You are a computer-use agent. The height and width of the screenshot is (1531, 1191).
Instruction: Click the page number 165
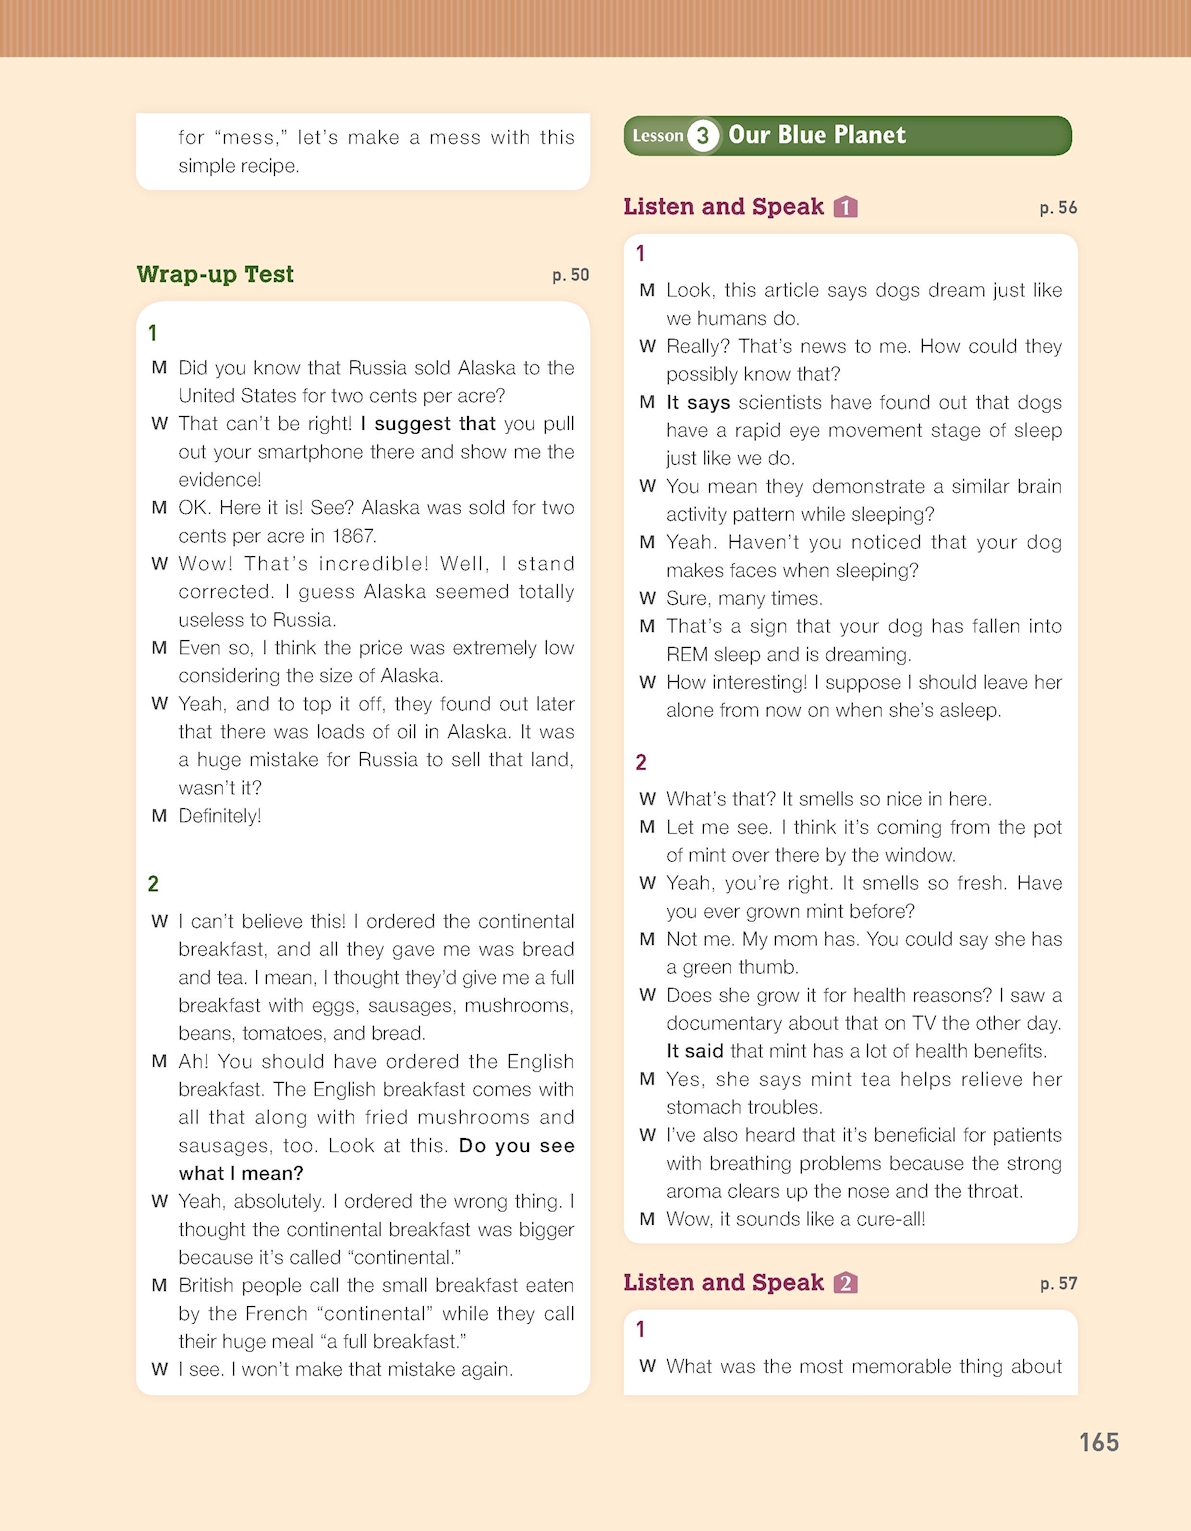[1098, 1442]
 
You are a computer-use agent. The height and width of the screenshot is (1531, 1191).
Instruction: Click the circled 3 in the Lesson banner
[703, 136]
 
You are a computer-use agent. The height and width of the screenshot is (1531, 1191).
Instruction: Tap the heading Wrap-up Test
[215, 274]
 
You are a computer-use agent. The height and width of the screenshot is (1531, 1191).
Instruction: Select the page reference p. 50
[570, 275]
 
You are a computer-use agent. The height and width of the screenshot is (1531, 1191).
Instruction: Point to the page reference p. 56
[1058, 208]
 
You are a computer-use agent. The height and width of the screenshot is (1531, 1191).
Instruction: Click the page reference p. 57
[1058, 1283]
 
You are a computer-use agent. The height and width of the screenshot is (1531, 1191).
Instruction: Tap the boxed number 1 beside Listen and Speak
[846, 207]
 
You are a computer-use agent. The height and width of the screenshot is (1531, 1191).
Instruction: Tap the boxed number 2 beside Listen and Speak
[846, 1283]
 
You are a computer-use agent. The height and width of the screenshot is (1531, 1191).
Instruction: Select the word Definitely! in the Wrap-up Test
[220, 816]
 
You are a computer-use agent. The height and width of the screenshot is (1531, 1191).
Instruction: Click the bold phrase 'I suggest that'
[428, 424]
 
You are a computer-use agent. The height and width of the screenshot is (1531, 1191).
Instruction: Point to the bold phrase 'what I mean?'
[241, 1173]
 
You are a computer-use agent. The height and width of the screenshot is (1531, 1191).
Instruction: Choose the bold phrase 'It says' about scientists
[698, 402]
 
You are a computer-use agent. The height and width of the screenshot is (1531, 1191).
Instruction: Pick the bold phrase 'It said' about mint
[695, 1051]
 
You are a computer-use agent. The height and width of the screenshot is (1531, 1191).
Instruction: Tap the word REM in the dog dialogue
[687, 655]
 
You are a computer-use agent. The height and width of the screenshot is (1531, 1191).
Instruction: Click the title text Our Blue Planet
[817, 135]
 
